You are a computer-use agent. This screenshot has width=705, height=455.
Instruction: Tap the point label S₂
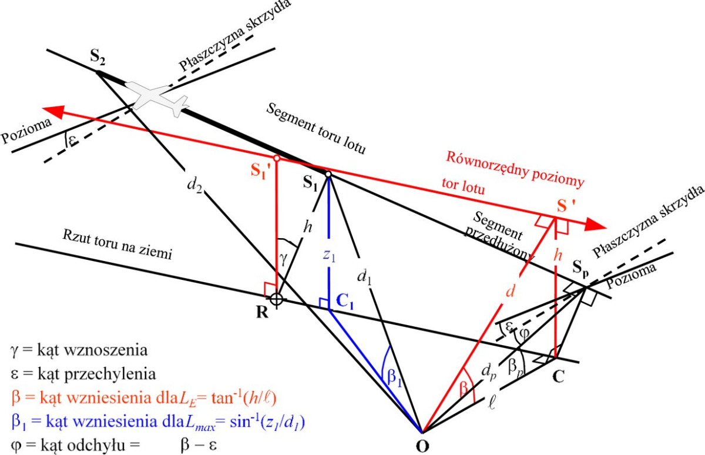point(98,57)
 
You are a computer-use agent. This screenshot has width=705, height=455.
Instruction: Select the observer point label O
point(422,446)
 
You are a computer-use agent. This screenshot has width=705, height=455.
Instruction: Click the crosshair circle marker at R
point(277,299)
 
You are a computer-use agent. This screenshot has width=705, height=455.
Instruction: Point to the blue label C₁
point(345,302)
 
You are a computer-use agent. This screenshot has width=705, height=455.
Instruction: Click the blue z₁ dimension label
point(329,255)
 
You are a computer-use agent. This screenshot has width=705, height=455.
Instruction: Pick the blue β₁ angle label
point(394,377)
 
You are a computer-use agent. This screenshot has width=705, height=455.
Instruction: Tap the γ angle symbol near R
point(284,259)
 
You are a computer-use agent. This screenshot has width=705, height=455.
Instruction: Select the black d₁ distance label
point(364,277)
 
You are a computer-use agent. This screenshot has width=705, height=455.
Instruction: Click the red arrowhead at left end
point(53,112)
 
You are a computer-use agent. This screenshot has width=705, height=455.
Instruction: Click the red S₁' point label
point(261,171)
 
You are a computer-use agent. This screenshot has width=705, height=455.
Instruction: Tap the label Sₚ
point(580,268)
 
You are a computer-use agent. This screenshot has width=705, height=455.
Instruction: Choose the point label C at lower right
point(558,376)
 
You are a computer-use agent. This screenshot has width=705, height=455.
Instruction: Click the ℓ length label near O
point(491,403)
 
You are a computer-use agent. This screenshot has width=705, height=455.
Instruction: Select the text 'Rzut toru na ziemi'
point(117,244)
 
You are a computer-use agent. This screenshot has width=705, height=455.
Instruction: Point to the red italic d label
point(510,291)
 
